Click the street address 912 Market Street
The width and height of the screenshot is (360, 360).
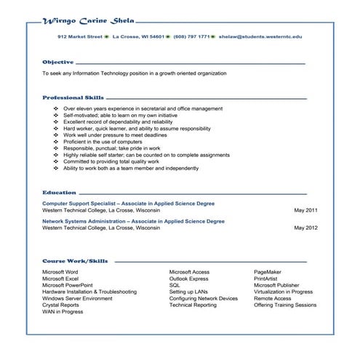[x=80, y=36]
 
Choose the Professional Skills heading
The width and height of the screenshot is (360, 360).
[x=73, y=97]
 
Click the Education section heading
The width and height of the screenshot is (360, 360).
[x=59, y=192]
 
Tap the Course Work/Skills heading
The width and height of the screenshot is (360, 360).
[x=75, y=260]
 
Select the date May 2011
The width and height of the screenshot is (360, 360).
[x=305, y=209]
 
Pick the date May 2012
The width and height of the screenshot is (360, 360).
[x=305, y=227]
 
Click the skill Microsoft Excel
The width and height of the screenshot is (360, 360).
[x=60, y=279]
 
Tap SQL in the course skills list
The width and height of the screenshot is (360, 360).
[x=175, y=285]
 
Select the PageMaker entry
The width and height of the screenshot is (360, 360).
[x=268, y=271]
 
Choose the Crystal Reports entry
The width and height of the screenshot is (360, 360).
[x=60, y=305]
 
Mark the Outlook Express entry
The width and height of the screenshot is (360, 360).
[x=188, y=279]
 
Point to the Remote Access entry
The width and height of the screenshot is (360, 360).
[x=272, y=298]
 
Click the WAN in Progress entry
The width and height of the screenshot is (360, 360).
[x=63, y=312]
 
